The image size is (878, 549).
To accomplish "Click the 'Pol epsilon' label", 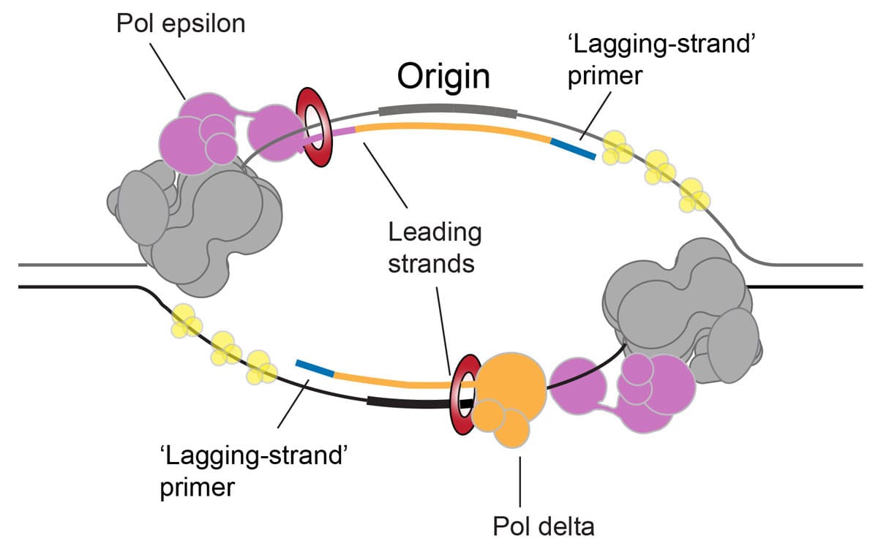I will pyautogui.click(x=180, y=24).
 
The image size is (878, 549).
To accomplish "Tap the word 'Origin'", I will pyautogui.click(x=443, y=76).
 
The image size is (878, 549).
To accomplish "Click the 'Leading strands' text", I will pyautogui.click(x=435, y=248).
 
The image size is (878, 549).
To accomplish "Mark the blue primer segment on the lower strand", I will pyautogui.click(x=315, y=368).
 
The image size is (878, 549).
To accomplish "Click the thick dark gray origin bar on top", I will pyautogui.click(x=448, y=110).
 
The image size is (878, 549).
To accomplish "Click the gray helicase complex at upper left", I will pyautogui.click(x=205, y=219).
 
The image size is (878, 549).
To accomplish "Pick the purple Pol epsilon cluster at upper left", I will pyautogui.click(x=205, y=132).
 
